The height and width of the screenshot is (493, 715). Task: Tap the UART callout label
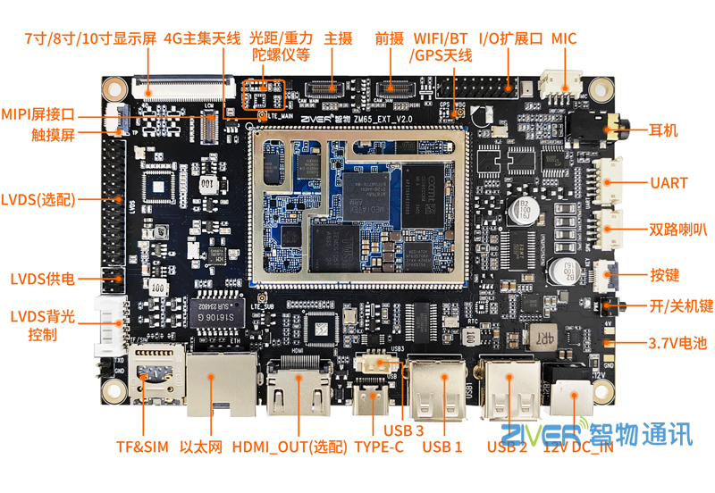[669, 183]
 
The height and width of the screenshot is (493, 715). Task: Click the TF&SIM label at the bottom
[142, 447]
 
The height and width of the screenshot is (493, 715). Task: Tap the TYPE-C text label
[379, 447]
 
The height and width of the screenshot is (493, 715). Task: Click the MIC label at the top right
[564, 38]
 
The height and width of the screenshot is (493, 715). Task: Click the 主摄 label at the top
[338, 38]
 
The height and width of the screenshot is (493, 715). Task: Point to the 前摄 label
[390, 38]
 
